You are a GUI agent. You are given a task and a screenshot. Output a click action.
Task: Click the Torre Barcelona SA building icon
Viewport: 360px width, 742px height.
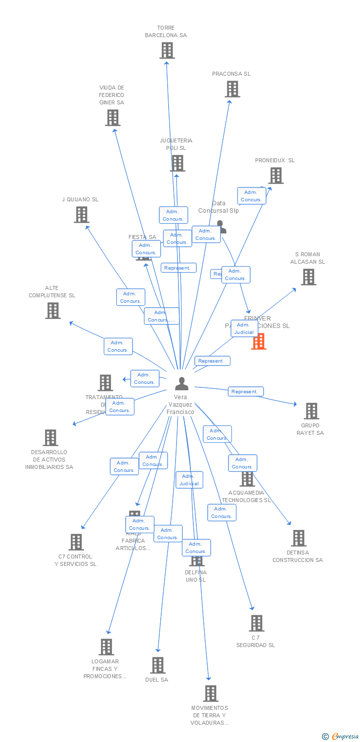(x=167, y=50)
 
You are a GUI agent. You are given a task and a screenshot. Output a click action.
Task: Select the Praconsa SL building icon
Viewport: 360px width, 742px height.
(x=232, y=89)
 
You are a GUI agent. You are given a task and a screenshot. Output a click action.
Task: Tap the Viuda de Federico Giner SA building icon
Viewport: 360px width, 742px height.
(x=113, y=118)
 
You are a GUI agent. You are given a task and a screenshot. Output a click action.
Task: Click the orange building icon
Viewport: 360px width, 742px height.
(x=259, y=341)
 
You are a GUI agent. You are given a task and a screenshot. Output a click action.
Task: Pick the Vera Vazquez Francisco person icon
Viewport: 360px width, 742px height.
(x=182, y=384)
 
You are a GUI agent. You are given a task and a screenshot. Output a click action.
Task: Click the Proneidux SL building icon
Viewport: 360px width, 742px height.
(x=276, y=176)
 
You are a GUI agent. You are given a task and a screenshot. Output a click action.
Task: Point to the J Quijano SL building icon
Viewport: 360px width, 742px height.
(x=81, y=215)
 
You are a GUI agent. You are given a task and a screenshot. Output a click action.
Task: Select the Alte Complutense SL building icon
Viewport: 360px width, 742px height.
(x=53, y=311)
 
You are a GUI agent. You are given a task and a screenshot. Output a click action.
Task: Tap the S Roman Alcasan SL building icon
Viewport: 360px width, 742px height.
(x=309, y=277)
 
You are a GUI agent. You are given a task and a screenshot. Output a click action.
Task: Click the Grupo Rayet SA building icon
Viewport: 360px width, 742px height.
(x=312, y=411)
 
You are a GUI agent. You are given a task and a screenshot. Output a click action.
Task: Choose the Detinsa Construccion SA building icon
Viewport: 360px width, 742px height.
(x=299, y=538)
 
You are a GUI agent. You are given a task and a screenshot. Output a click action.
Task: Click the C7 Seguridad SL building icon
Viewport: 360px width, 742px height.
(x=257, y=623)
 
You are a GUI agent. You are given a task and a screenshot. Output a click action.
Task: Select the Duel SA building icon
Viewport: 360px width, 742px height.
(x=158, y=665)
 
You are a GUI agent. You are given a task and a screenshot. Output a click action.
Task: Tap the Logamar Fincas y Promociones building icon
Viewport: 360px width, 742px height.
(x=106, y=647)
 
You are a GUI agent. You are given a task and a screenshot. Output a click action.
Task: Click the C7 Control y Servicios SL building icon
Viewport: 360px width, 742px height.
(x=76, y=542)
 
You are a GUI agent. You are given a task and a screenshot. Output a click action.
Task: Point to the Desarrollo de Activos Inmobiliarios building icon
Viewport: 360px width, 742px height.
(x=50, y=438)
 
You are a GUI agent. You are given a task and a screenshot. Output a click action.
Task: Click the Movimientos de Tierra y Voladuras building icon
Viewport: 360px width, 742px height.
(x=211, y=694)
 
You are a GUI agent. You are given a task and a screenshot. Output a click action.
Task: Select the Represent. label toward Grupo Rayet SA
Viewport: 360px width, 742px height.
(x=245, y=392)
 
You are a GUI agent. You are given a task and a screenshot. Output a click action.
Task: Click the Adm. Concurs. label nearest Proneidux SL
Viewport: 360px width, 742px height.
(x=251, y=196)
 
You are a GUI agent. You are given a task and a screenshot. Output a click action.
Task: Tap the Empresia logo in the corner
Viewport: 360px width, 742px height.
(x=341, y=737)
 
